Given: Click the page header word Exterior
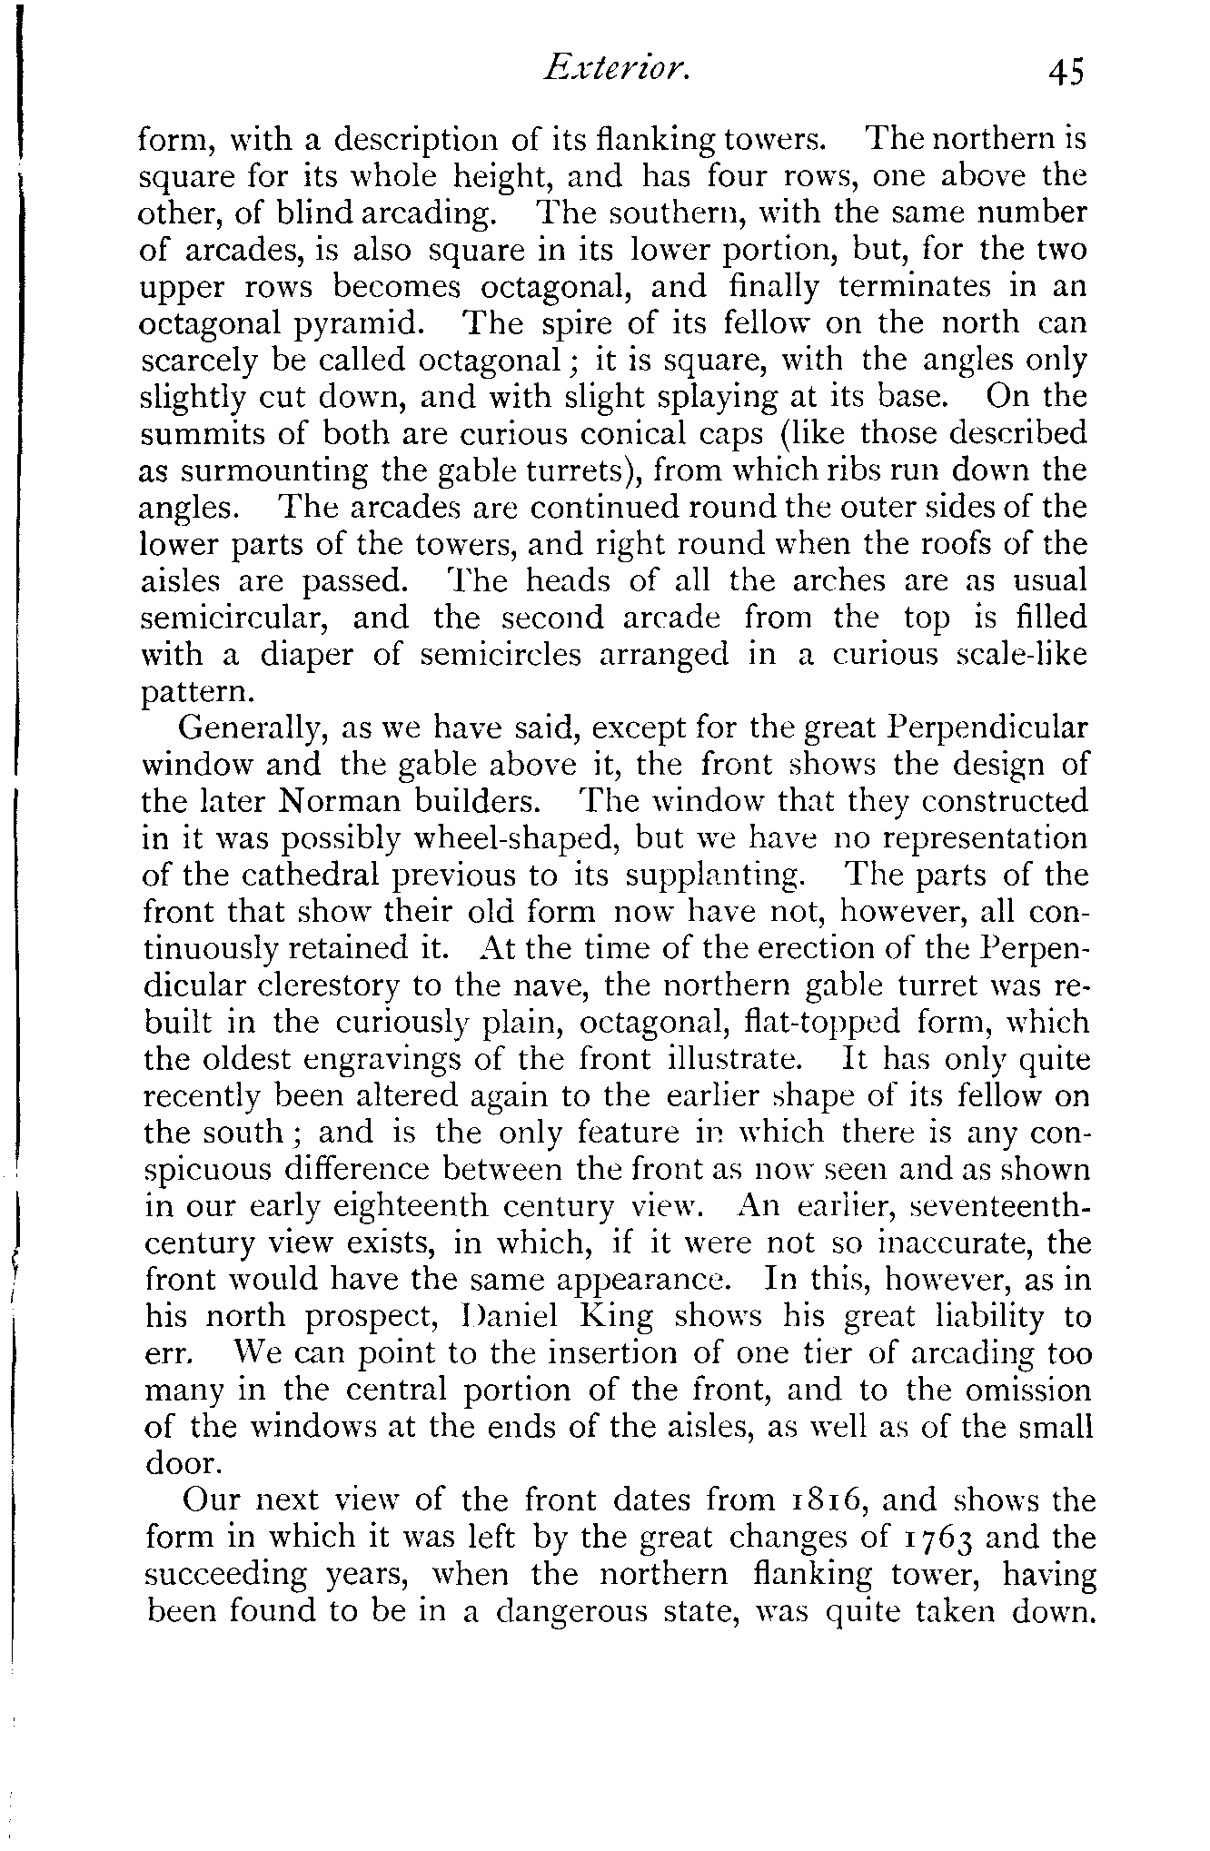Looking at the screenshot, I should [x=616, y=70].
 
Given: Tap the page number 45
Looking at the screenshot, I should [x=1066, y=72].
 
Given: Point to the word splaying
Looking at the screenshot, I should [x=556, y=399].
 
